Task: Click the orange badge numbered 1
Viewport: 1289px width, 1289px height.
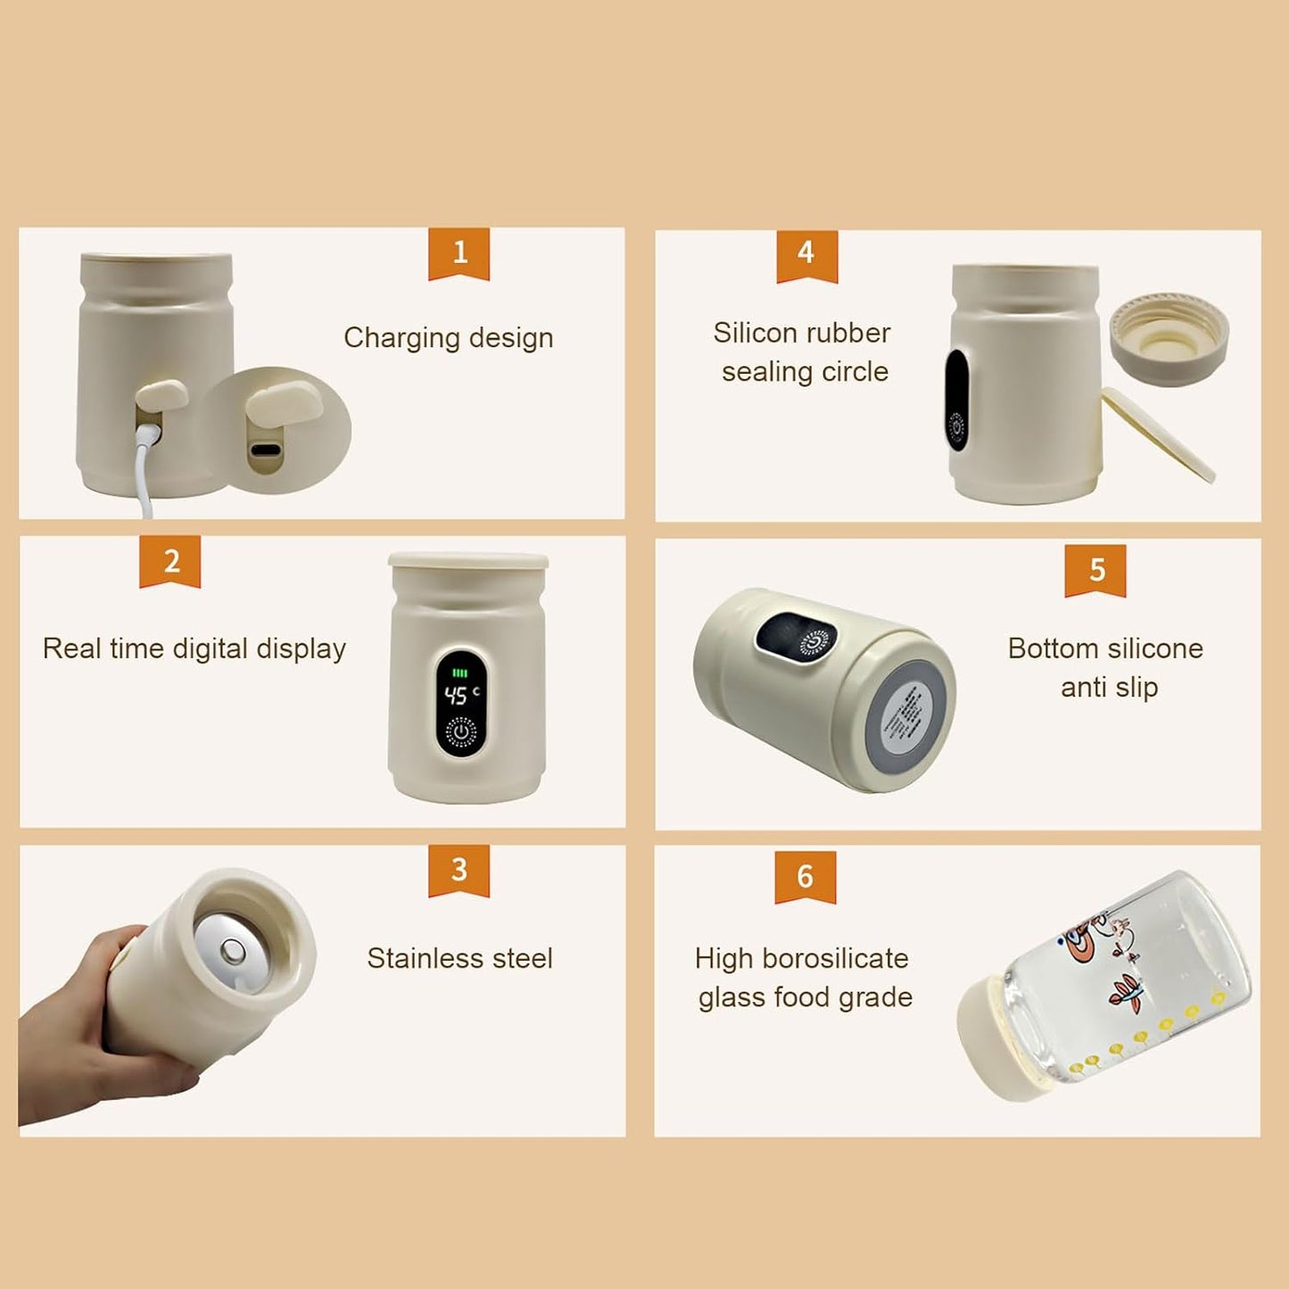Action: pos(459,253)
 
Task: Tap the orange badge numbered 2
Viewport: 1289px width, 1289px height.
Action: pos(169,561)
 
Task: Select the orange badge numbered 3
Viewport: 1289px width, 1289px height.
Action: pos(459,870)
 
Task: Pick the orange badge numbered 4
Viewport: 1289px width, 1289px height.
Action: pos(806,254)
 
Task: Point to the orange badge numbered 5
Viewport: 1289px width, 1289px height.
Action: pos(1095,570)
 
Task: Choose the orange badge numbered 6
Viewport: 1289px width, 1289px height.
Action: pos(805,876)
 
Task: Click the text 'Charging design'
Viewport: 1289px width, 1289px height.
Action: pos(448,338)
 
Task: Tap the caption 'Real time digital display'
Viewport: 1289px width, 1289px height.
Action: pos(194,649)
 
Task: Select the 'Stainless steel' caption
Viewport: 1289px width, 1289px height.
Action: pos(459,958)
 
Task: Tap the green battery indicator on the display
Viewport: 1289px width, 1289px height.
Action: pos(460,673)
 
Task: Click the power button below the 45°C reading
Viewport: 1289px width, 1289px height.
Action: pos(460,732)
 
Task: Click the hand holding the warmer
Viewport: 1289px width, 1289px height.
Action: pos(98,1026)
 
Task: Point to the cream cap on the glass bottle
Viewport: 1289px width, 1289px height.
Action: pos(995,1039)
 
